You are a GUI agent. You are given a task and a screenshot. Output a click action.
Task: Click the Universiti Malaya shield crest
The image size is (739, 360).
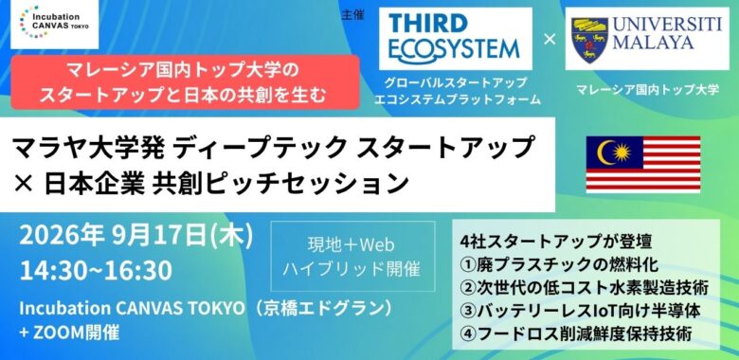click(588, 40)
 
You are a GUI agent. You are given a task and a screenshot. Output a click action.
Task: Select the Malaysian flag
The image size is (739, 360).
click(643, 164)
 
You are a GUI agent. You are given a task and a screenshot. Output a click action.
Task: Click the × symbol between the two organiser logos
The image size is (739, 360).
click(550, 40)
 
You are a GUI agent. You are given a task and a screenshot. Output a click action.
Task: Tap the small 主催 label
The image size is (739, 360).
click(353, 15)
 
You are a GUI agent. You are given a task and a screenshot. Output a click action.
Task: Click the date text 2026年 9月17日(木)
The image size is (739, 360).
click(136, 237)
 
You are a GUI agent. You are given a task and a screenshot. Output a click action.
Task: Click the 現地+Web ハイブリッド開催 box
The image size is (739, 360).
click(352, 257)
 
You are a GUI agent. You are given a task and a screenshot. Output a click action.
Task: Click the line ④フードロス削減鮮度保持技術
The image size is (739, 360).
click(576, 334)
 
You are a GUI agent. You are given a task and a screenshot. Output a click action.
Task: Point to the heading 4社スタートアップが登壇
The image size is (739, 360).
click(556, 242)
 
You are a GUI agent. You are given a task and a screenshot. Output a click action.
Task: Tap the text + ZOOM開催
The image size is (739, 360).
click(69, 333)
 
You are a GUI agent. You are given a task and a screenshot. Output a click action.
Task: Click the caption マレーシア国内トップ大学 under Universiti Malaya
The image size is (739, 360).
click(647, 89)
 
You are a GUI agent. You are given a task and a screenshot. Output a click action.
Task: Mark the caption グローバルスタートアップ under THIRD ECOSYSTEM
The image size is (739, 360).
click(456, 83)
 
